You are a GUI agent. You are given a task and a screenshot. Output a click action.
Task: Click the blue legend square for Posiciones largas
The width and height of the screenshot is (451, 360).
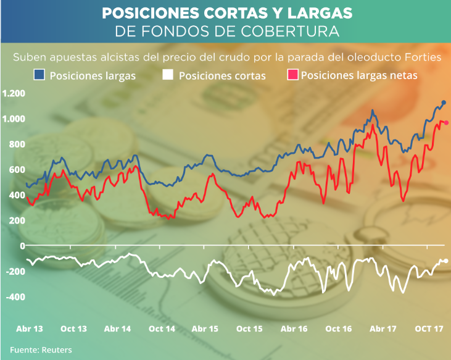click(x=39, y=75)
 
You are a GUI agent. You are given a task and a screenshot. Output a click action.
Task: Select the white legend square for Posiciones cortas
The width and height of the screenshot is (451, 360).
click(x=168, y=75)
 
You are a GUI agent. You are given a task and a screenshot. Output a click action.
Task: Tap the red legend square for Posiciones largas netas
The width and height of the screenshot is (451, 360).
click(x=293, y=75)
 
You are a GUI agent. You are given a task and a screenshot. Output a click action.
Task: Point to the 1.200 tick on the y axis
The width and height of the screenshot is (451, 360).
click(x=14, y=93)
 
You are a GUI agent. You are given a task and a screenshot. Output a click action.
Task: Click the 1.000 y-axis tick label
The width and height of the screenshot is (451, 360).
click(x=14, y=119)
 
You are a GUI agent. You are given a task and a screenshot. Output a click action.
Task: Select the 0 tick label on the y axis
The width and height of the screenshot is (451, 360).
click(x=22, y=246)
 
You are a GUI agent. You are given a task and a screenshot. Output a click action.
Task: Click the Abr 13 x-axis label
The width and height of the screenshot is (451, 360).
click(x=29, y=329)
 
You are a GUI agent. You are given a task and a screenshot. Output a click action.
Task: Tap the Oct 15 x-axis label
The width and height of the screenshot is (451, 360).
click(x=250, y=329)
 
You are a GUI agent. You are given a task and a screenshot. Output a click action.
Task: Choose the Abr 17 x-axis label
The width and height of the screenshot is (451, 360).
click(x=383, y=329)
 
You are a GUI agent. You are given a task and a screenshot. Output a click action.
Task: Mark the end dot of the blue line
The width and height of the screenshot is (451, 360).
click(x=444, y=103)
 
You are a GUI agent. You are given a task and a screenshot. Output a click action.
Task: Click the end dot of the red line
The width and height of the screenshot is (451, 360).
click(x=446, y=123)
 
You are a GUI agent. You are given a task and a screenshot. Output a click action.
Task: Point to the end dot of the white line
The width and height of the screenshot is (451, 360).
click(x=446, y=261)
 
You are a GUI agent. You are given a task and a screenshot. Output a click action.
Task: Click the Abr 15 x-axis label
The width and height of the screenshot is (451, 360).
click(x=205, y=329)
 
